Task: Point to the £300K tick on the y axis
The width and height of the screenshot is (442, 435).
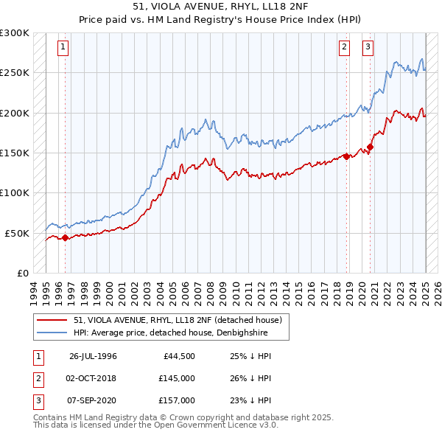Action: (15, 33)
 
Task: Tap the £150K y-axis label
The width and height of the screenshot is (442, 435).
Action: (15, 153)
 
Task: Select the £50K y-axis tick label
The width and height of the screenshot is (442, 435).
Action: (17, 233)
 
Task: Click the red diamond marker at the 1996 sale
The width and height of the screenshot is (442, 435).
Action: (65, 237)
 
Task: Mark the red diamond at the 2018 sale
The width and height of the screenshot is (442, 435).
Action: (346, 156)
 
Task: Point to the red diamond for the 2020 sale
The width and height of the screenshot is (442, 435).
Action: (371, 147)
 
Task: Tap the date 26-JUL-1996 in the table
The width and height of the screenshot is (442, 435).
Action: (93, 356)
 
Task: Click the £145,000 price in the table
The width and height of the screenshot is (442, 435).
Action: (176, 378)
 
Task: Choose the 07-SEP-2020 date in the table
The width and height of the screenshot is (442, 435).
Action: (93, 400)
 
